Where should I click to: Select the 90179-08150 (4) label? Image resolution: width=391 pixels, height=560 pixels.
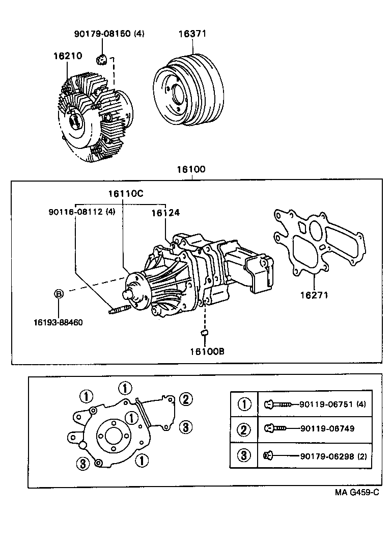(x=109, y=34)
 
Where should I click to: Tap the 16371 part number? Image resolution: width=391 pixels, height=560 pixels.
(x=192, y=34)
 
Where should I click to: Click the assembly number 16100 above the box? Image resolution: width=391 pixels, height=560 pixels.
(x=191, y=169)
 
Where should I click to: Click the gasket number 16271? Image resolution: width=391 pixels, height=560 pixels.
(x=314, y=295)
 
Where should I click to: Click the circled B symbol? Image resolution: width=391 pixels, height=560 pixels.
(x=59, y=294)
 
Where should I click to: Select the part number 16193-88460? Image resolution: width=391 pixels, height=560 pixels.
(x=58, y=322)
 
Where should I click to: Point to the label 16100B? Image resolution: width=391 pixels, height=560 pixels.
(x=207, y=351)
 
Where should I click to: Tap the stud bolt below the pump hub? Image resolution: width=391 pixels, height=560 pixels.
(x=121, y=309)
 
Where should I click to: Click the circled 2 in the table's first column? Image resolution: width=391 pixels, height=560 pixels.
(x=245, y=429)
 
